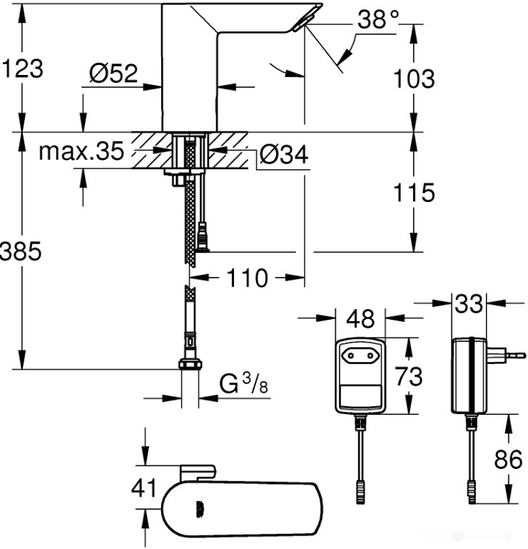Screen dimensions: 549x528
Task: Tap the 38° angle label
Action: [377, 21]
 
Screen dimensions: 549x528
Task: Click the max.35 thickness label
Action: [81, 151]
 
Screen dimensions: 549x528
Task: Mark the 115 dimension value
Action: [414, 192]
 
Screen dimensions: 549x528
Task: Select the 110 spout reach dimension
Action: [248, 278]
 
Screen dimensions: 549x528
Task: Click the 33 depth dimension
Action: [468, 303]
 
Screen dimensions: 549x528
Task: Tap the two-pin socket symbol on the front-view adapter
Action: [360, 353]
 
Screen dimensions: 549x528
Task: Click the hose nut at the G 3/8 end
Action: [189, 364]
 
